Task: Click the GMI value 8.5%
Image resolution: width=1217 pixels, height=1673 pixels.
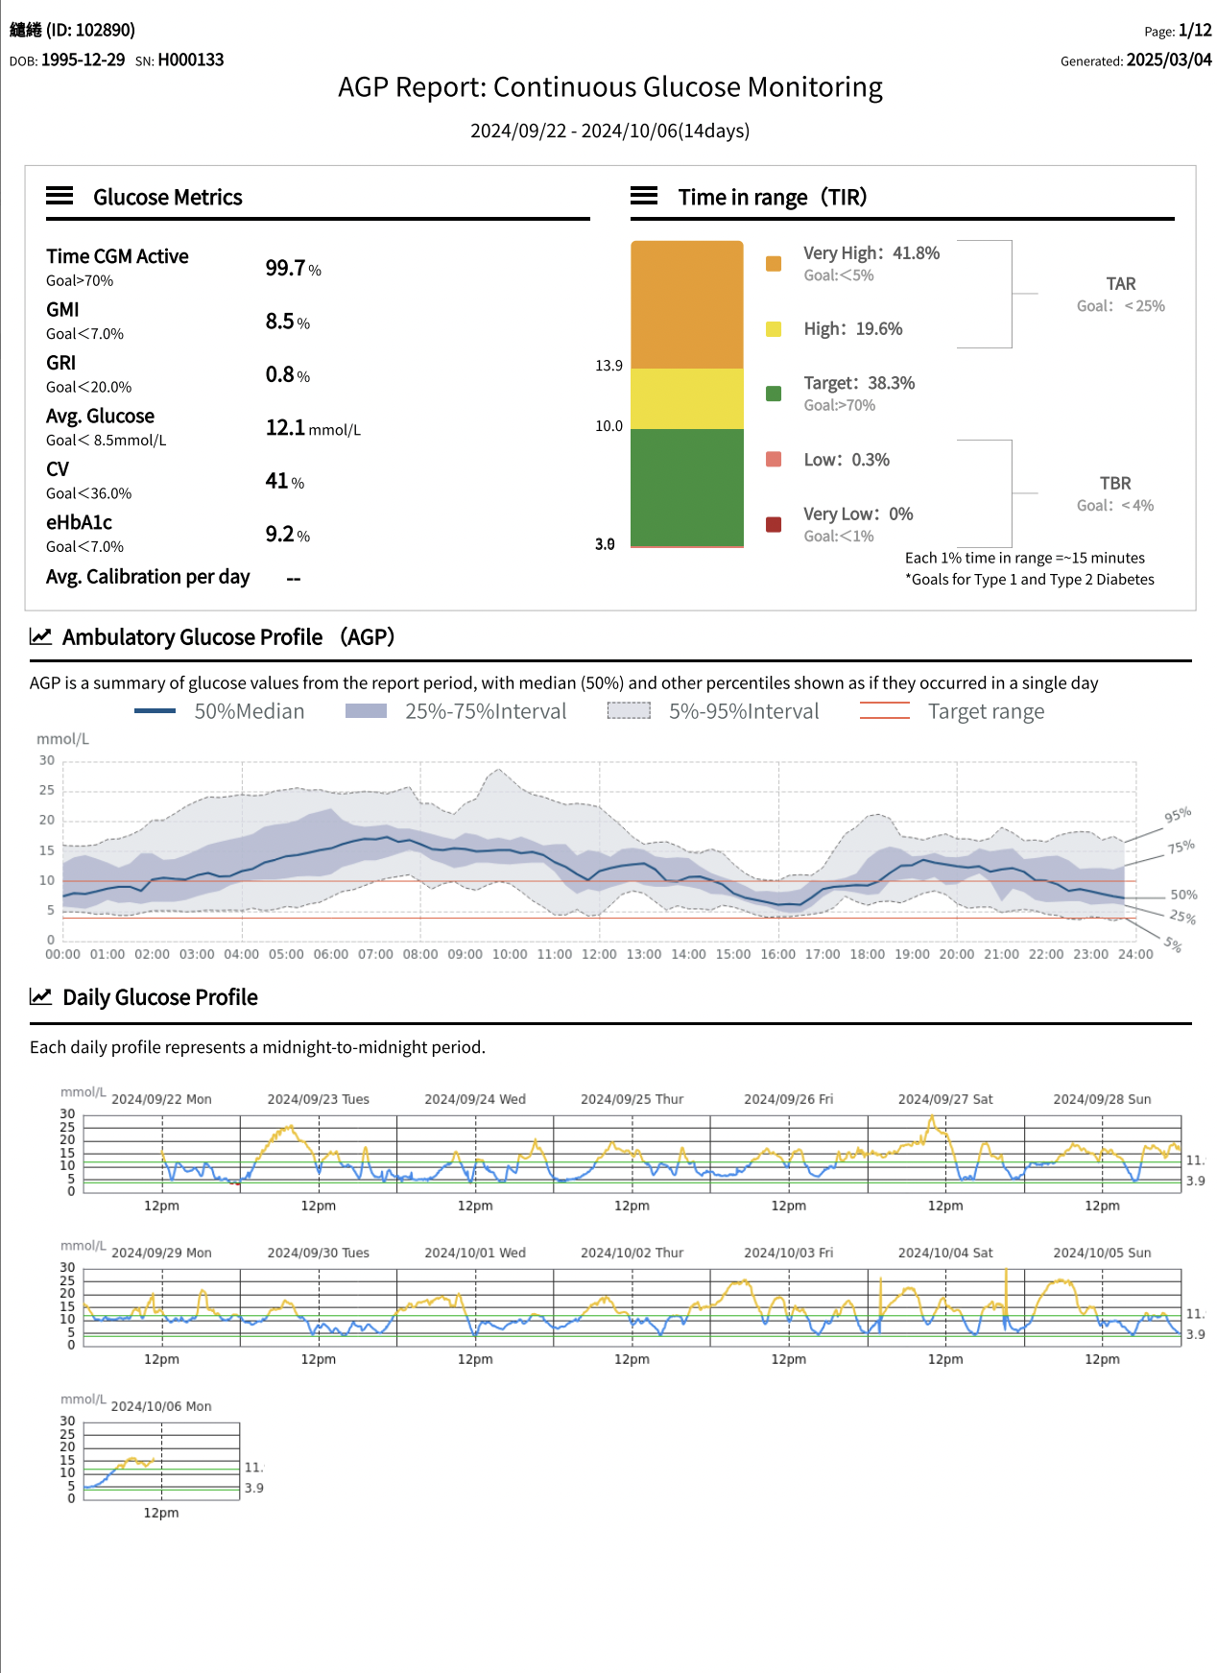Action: pos(288,322)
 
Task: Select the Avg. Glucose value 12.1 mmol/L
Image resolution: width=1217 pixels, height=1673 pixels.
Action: pos(313,428)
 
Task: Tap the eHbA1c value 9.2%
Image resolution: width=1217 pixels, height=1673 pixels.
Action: pos(288,535)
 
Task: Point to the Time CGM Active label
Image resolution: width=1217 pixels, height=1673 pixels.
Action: pos(117,256)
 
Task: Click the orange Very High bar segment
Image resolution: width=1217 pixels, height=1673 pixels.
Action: pos(687,304)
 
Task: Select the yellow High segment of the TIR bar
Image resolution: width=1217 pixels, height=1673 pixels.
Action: pos(687,398)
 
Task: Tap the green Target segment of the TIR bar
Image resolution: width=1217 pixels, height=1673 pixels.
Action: pos(687,488)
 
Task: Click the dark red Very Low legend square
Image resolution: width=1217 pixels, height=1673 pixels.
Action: pos(774,524)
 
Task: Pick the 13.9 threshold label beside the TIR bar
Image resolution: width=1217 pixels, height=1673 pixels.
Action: pos(608,366)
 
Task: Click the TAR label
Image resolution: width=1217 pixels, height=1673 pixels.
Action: pos(1121,284)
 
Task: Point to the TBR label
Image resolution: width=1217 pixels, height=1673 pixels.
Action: pos(1115,484)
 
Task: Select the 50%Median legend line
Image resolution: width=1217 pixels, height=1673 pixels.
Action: pos(155,711)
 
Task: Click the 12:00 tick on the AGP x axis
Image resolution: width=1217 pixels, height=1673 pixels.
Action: pos(600,954)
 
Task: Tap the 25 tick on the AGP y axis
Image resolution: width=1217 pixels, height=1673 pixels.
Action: pos(47,790)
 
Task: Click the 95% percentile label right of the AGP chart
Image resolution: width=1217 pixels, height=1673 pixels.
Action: pos(1178,815)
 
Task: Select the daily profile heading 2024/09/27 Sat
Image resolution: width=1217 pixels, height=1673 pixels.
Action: pos(945,1099)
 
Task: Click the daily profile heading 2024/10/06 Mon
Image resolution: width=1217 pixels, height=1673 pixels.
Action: pos(161,1406)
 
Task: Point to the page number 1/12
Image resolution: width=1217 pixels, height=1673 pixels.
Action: pos(1195,31)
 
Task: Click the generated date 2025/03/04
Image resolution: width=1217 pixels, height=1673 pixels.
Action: pos(1169,60)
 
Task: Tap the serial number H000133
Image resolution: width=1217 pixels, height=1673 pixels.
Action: pos(191,60)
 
